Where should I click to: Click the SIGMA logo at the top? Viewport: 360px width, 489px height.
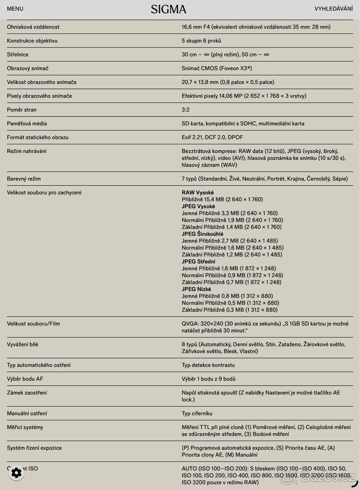pos(168,9)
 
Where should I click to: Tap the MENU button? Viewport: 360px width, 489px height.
pos(15,9)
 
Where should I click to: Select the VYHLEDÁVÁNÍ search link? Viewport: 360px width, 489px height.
pos(333,9)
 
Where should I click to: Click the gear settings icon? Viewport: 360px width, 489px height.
pos(16,473)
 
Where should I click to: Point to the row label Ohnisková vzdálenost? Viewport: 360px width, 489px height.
pos(33,27)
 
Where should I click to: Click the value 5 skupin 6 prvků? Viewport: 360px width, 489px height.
pos(201,41)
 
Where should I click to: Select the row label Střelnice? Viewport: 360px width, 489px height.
pos(18,55)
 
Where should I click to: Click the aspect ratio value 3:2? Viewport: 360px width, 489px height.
pos(186,110)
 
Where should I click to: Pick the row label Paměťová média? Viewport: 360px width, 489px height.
pos(27,123)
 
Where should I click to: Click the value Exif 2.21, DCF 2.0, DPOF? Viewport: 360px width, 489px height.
pos(212,137)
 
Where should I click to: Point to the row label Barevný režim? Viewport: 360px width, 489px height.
pos(24,179)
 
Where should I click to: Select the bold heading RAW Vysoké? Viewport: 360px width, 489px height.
pos(198,192)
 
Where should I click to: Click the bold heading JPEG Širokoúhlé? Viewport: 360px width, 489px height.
pos(202,234)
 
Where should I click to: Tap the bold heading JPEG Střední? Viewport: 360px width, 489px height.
pos(199,262)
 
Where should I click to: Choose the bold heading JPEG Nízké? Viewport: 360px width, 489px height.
pos(197,289)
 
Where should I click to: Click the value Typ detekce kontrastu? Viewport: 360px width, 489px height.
pos(208,365)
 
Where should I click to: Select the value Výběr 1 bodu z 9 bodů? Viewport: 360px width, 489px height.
pos(208,379)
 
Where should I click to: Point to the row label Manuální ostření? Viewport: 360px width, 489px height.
pos(27,414)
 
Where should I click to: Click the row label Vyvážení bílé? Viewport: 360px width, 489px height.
pos(23,344)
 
